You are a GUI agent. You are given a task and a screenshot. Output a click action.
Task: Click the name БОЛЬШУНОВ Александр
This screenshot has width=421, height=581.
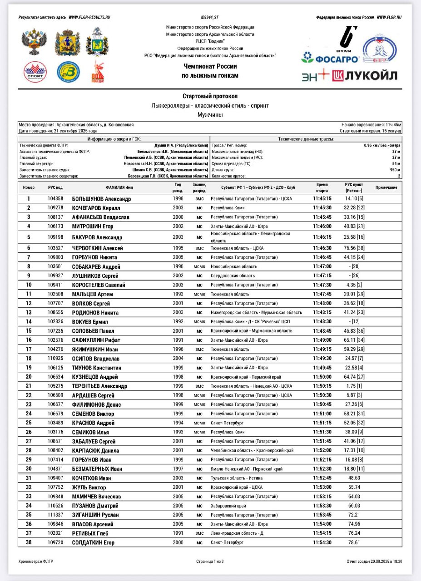click(x=101, y=199)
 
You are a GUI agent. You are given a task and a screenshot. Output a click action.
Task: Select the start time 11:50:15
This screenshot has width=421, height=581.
click(x=322, y=386)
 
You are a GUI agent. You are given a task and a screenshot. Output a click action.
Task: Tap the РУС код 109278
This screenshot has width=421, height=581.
click(x=55, y=208)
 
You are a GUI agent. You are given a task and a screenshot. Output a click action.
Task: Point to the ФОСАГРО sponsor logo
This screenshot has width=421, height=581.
click(x=331, y=59)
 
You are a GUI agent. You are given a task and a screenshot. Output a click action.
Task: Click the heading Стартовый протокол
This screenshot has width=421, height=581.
click(x=210, y=96)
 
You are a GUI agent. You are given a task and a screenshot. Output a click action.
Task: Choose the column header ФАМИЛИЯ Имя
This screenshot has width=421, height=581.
click(x=119, y=187)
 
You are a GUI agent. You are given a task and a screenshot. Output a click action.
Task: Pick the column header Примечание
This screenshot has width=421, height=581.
click(x=386, y=187)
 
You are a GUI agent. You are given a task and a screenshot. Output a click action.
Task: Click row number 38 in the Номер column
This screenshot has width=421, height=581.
click(x=29, y=542)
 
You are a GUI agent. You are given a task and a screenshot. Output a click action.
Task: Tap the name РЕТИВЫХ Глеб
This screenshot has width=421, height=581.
click(x=90, y=533)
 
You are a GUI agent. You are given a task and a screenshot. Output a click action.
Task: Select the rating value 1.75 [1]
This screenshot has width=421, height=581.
click(x=354, y=386)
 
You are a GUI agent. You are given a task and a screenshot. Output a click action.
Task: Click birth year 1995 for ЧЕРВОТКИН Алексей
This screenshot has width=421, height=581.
click(x=178, y=248)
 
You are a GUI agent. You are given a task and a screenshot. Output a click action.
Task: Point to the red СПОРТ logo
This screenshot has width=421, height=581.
click(x=35, y=72)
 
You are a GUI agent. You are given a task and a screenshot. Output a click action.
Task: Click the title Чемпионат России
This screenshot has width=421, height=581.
click(x=210, y=67)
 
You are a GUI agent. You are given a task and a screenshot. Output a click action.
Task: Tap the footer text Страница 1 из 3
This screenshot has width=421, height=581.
click(x=210, y=561)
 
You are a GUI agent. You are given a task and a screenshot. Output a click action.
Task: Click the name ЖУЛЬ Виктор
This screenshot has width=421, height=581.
click(x=89, y=487)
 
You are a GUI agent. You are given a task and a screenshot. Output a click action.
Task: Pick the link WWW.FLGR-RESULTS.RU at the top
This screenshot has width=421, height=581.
click(x=89, y=17)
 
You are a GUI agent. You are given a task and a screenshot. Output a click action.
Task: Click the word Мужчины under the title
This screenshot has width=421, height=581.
click(x=210, y=115)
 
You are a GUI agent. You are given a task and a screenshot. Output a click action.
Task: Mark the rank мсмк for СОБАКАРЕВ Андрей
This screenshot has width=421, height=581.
click(x=199, y=267)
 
